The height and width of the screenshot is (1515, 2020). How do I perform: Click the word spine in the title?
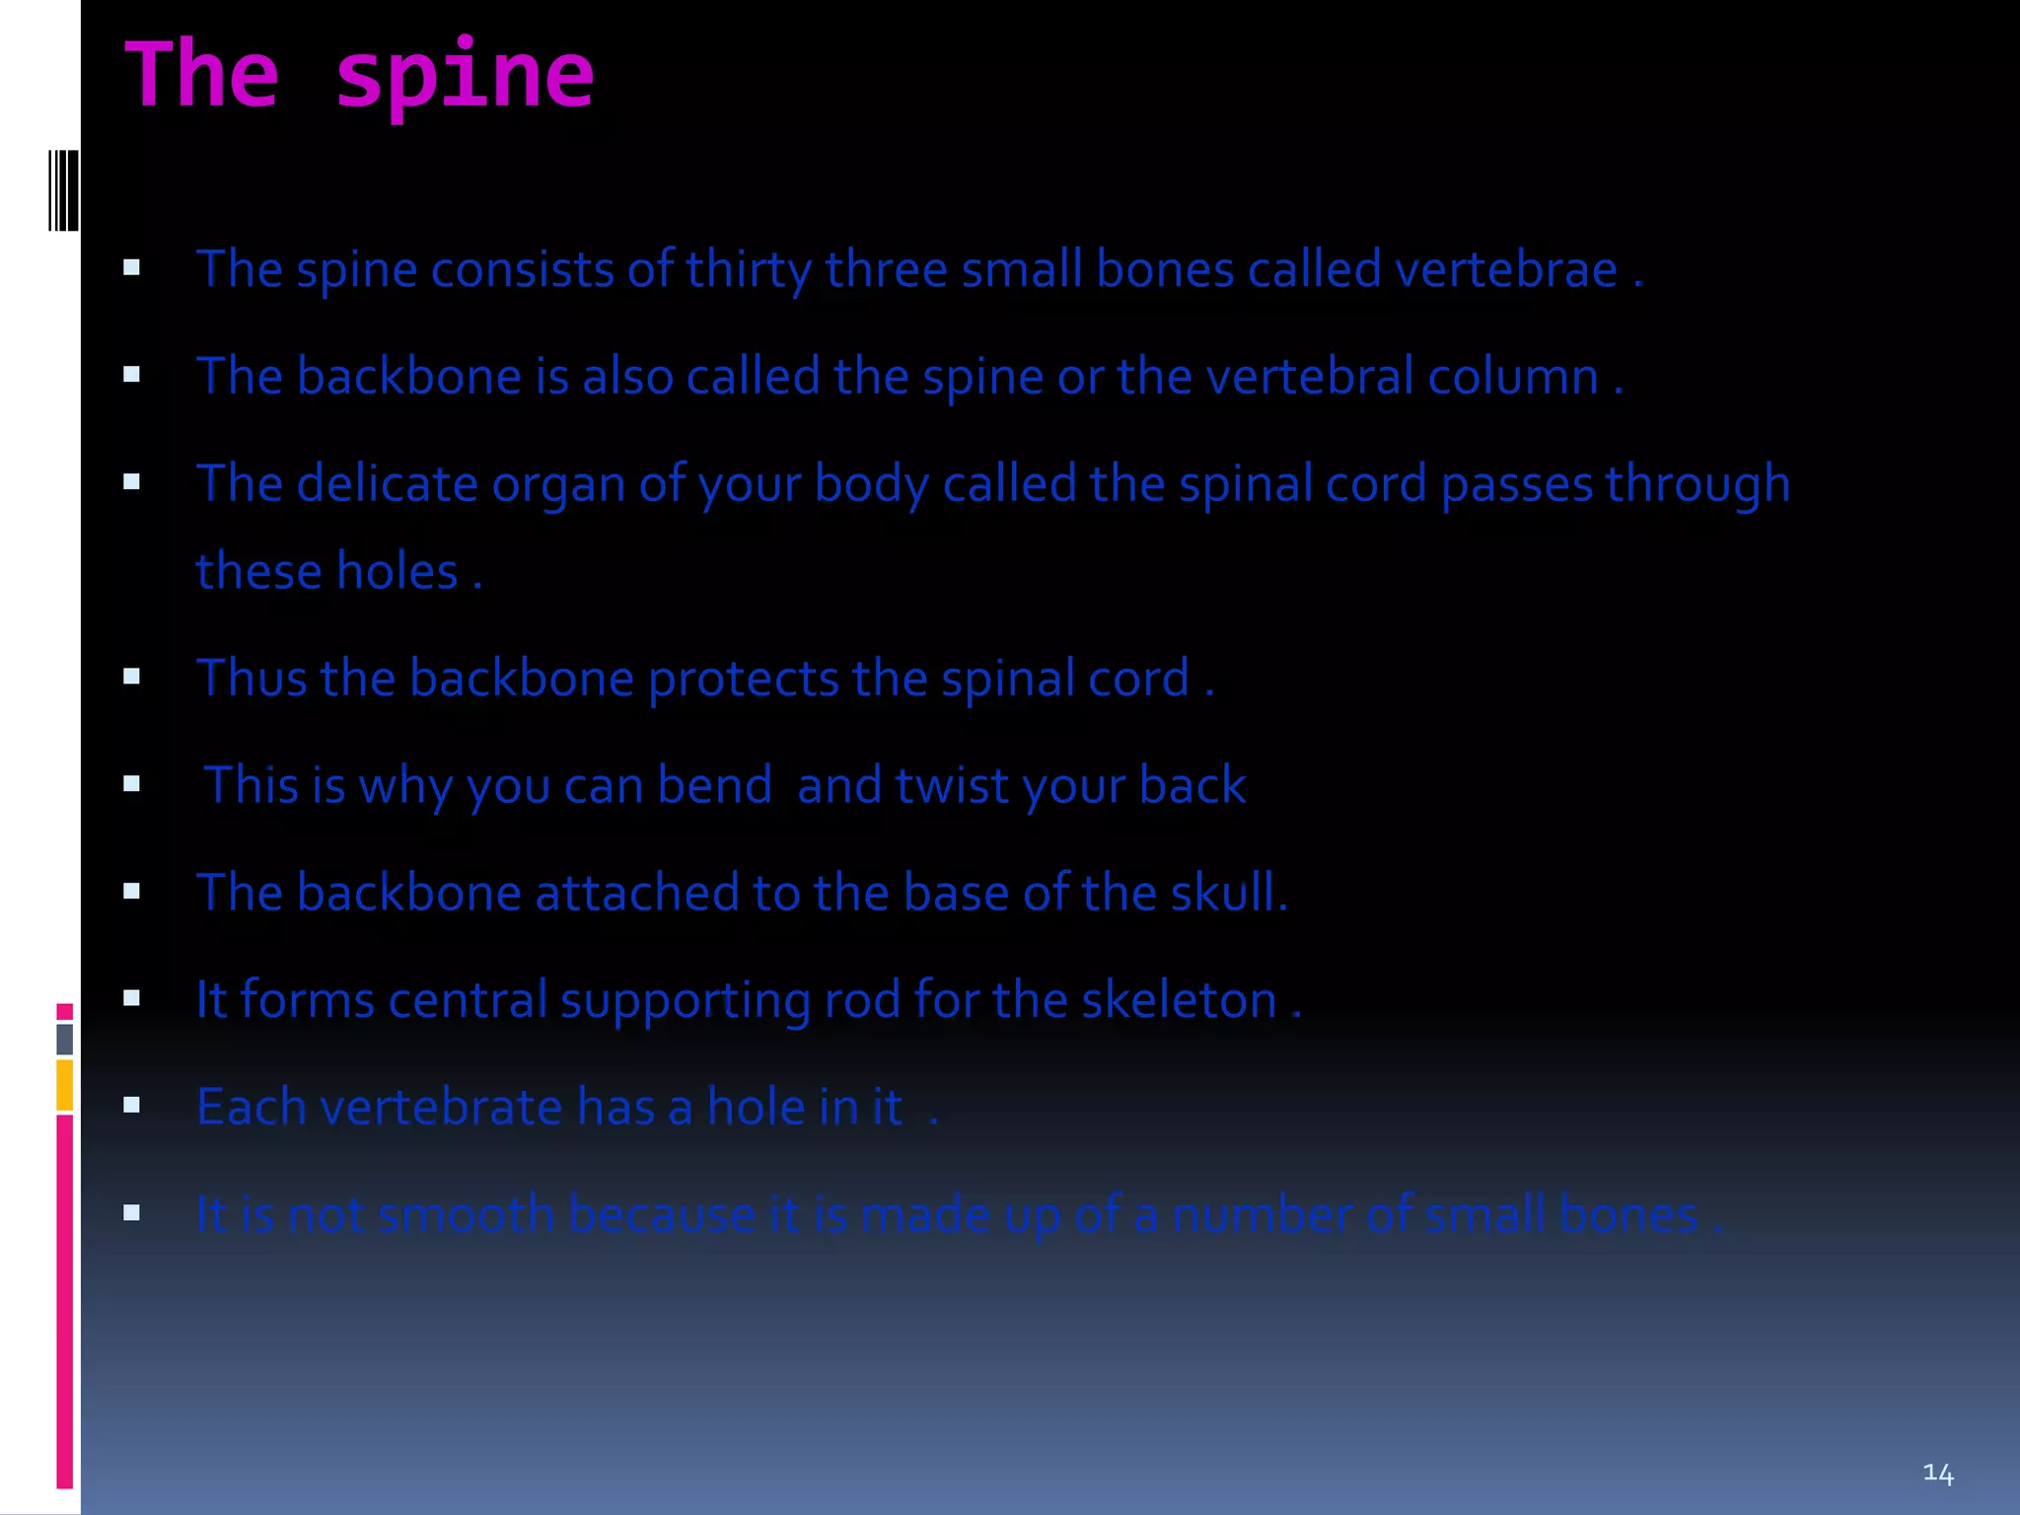coord(465,77)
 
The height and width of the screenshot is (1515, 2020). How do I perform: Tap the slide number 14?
coord(1937,1474)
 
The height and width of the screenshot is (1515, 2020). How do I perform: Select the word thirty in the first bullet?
coord(749,269)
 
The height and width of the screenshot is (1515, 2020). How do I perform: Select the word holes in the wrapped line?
coord(397,572)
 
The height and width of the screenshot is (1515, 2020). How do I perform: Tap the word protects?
coord(744,679)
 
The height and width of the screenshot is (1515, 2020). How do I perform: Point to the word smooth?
coord(467,1214)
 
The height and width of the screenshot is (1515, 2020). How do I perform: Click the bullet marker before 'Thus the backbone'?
coord(131,677)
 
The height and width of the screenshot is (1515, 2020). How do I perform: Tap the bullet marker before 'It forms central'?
coord(131,998)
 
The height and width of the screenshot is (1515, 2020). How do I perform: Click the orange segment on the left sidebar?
coord(65,1084)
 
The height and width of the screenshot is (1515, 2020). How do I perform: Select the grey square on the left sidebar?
coord(65,1039)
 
